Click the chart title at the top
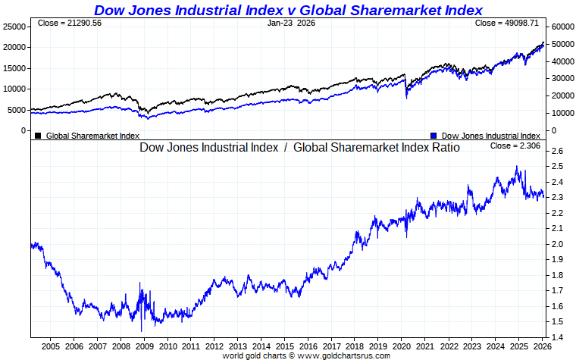coord(288,10)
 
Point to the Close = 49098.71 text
coord(506,23)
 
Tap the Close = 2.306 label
coord(515,146)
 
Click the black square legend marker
coord(38,136)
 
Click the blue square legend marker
coord(433,136)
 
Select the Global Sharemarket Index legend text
coord(92,136)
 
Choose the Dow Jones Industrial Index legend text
coord(490,136)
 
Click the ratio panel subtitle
coord(299,148)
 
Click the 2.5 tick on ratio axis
coord(557,167)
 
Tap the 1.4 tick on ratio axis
coord(557,337)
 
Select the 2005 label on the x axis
coord(50,346)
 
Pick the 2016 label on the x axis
coord(308,346)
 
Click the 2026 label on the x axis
coord(541,346)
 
